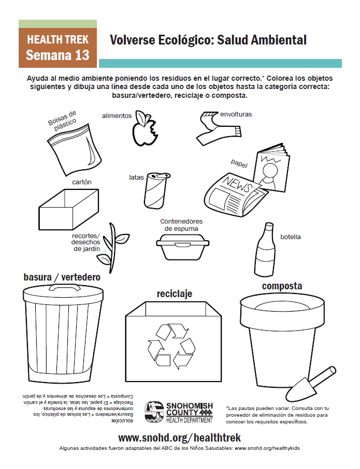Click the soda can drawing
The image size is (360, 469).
pyautogui.click(x=155, y=190)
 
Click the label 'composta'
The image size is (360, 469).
pyautogui.click(x=282, y=286)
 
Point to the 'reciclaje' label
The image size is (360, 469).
pyautogui.click(x=175, y=294)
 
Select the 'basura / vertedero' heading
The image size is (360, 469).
pyautogui.click(x=62, y=277)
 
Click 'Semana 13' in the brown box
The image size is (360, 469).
pyautogui.click(x=57, y=55)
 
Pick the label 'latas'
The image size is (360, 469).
pyautogui.click(x=136, y=178)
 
